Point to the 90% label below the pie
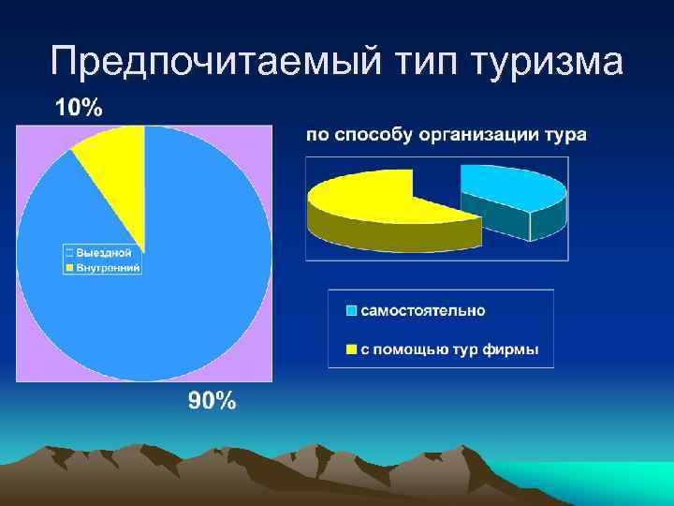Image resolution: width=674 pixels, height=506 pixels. [x=212, y=402]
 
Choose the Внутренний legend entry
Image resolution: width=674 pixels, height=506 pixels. [x=108, y=267]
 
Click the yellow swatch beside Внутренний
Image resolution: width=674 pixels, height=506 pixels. [x=68, y=267]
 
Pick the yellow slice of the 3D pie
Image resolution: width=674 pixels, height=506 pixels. [x=374, y=201]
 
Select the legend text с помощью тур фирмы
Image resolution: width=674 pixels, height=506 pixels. [x=449, y=350]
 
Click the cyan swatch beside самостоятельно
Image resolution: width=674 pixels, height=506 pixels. [x=351, y=311]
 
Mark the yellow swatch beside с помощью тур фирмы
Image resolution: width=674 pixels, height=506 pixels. [x=351, y=350]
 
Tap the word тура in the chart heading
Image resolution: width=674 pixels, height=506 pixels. [x=564, y=135]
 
